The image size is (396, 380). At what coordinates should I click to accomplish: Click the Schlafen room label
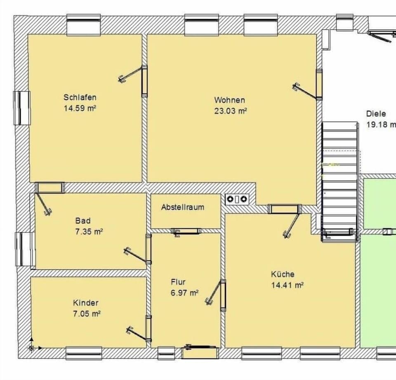80,97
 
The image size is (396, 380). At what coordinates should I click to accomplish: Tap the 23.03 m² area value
230,111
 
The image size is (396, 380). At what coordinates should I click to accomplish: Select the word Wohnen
229,100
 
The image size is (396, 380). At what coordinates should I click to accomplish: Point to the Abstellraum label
182,207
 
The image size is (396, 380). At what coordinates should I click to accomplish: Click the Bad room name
82,221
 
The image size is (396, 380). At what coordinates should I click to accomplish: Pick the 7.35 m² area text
89,231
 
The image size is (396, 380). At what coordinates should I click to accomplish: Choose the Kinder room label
86,303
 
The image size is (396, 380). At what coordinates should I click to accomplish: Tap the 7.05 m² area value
87,314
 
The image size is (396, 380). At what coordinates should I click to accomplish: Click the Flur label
178,282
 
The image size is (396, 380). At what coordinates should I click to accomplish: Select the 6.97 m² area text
185,293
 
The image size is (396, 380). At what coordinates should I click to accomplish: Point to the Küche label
283,274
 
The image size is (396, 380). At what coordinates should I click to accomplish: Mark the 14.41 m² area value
287,285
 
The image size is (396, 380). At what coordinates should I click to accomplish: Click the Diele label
376,114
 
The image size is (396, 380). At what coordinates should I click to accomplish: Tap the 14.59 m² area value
80,108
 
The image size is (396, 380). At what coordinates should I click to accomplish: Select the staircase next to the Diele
339,177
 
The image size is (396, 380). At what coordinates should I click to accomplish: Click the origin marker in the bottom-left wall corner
31,348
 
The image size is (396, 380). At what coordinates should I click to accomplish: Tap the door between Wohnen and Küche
285,209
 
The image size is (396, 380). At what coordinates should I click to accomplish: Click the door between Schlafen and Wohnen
144,81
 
